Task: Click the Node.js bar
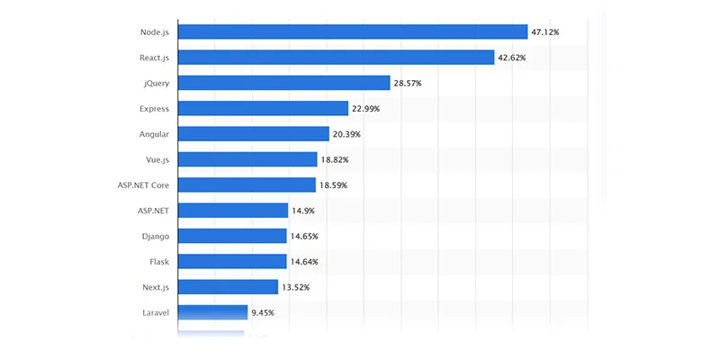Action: (x=352, y=31)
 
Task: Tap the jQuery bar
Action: (x=283, y=83)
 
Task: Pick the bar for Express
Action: (x=263, y=108)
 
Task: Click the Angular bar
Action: (x=253, y=134)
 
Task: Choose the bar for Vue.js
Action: (x=247, y=159)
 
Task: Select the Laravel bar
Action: (x=212, y=312)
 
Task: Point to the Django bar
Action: (x=232, y=236)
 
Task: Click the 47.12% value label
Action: (x=545, y=32)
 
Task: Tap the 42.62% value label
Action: (x=511, y=58)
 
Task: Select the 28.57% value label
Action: (x=408, y=83)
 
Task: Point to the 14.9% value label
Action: (x=301, y=211)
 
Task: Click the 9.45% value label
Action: (x=263, y=312)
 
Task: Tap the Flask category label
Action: (x=157, y=261)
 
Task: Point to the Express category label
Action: (x=154, y=108)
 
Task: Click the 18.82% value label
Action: (x=335, y=159)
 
